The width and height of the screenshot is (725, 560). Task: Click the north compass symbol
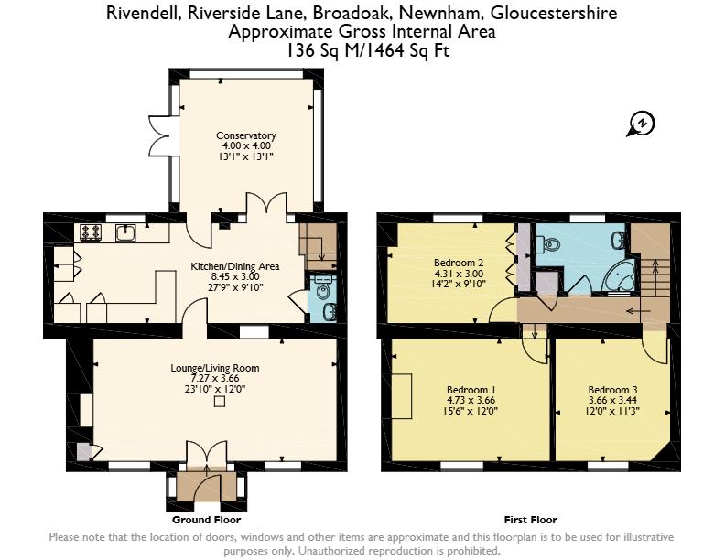[x=641, y=124]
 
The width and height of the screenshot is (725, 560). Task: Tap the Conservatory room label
[x=246, y=135]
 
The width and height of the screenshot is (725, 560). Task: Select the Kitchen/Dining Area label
[x=235, y=266]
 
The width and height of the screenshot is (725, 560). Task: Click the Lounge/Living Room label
[x=215, y=368]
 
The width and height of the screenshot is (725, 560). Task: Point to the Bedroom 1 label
[x=471, y=390]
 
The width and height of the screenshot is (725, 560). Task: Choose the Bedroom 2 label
[x=459, y=263]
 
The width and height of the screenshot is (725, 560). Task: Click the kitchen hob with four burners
[x=91, y=232]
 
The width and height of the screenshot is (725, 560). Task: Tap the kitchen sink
[x=125, y=232]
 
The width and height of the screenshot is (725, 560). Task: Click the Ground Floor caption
[x=206, y=521]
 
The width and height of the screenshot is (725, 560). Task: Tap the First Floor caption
[x=531, y=521]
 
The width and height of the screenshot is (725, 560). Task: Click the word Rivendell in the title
[x=145, y=13]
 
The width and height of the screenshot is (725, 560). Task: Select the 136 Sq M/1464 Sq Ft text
[x=369, y=50]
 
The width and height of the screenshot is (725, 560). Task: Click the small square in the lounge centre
[x=220, y=402]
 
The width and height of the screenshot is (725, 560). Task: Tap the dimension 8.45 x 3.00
[x=235, y=276]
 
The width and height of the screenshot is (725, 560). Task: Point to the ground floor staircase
[x=319, y=247]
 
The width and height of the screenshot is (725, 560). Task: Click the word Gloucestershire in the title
[x=554, y=13]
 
